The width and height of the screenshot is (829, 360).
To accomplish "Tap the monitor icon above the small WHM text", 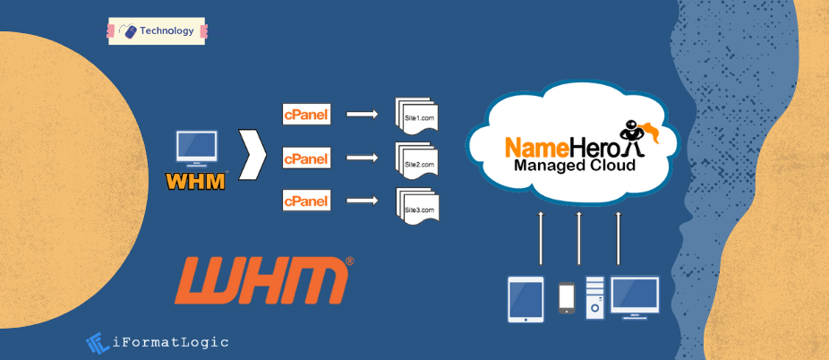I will pos(197,149).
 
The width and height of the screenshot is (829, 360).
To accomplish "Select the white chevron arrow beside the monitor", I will pos(254,151).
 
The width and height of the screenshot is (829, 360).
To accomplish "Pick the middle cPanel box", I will pos(307,159).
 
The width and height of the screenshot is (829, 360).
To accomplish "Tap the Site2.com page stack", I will pos(417,162).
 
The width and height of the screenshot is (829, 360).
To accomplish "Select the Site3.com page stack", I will pos(417,207).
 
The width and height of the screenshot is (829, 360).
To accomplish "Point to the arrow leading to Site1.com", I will pos(362,114).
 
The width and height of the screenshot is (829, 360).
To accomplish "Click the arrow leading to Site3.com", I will pos(362,200).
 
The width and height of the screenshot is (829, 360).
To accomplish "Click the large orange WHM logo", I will pos(261,280).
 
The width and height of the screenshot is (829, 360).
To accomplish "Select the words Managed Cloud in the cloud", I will pos(575,166).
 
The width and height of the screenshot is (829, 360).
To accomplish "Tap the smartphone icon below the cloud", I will pos(566,298).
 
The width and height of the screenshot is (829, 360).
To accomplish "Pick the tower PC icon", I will pos(594,297).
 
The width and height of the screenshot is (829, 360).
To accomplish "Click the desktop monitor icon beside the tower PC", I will pos(635,296).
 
